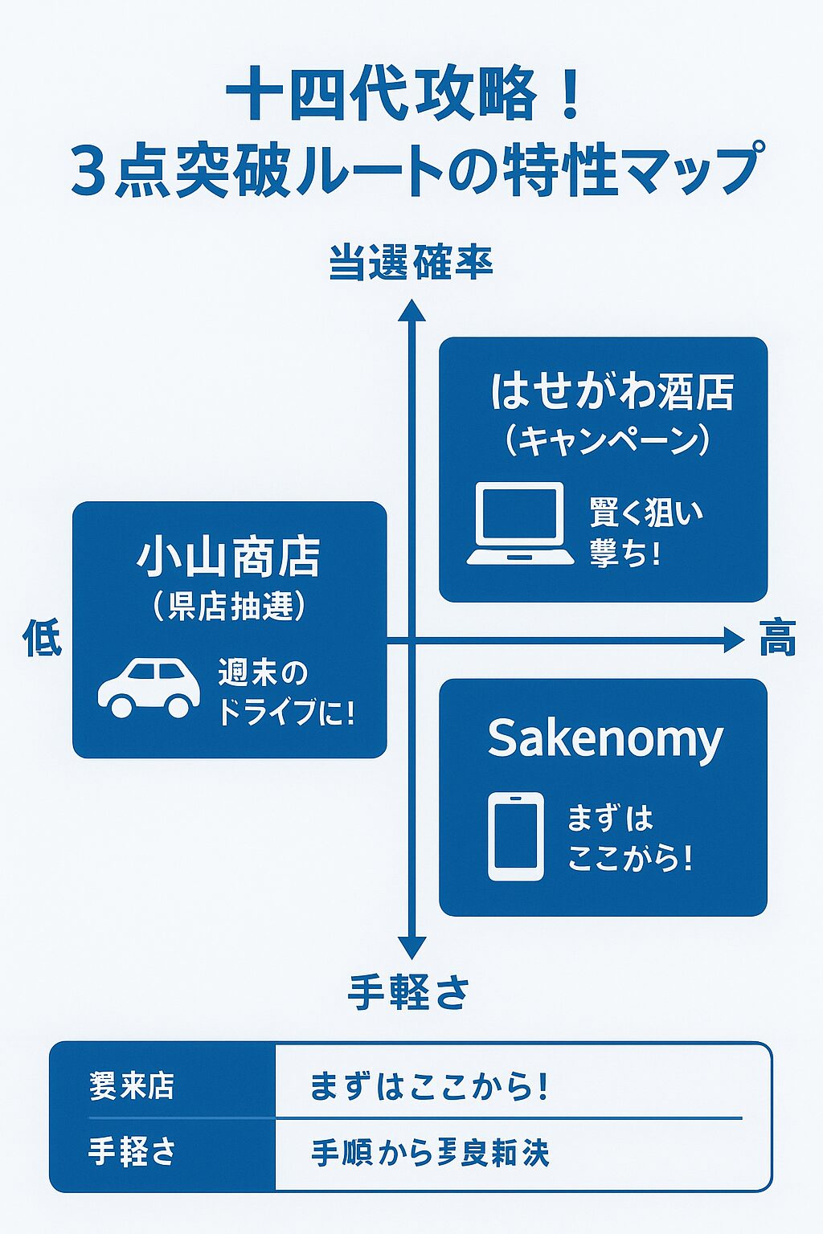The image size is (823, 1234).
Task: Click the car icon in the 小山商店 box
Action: (x=149, y=688)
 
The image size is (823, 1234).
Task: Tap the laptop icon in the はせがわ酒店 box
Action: (x=520, y=524)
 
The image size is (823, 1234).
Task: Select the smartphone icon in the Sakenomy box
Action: (x=516, y=836)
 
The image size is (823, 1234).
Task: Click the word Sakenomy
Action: (x=605, y=738)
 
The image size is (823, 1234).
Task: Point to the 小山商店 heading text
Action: (x=229, y=558)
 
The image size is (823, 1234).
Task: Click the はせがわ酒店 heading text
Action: (x=612, y=391)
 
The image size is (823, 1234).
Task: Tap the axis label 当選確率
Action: (x=411, y=263)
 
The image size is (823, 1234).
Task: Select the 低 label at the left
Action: (x=42, y=639)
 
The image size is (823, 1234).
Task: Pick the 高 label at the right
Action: (x=777, y=639)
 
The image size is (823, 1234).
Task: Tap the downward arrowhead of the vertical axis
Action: (x=411, y=947)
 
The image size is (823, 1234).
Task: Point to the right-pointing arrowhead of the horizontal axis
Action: (x=734, y=640)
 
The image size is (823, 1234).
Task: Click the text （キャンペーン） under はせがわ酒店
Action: (x=608, y=440)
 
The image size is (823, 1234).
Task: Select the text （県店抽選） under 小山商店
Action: (x=230, y=606)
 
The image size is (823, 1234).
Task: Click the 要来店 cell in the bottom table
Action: (x=132, y=1086)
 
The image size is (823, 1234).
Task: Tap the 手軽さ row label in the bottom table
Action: (x=132, y=1152)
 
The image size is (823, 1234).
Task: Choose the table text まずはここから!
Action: (x=429, y=1087)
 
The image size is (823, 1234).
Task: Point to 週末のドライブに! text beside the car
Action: (x=285, y=693)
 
